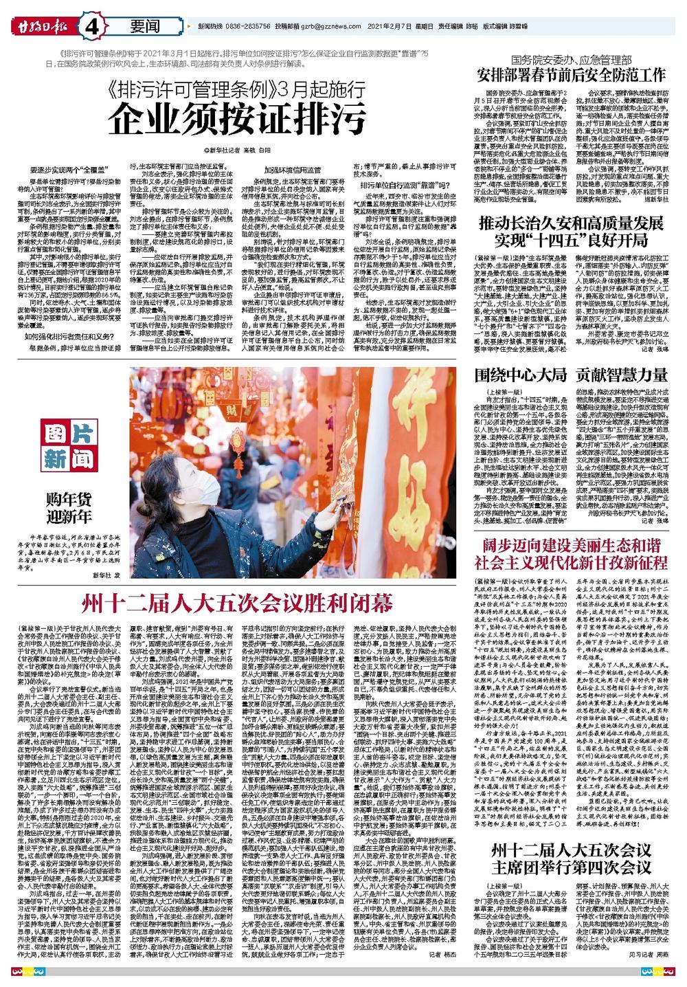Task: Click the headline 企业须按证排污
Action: coord(238,120)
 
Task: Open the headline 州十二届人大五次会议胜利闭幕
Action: coord(237,603)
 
